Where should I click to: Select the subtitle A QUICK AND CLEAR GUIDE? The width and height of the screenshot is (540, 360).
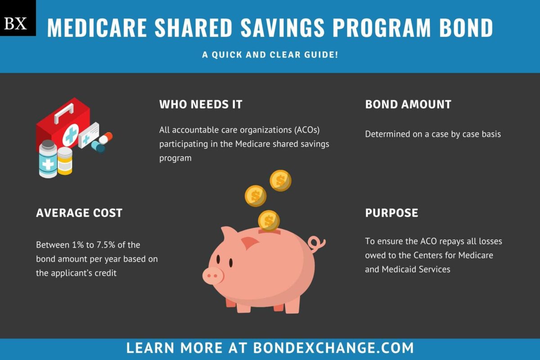click(270, 55)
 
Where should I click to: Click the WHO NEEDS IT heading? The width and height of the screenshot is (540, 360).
click(201, 104)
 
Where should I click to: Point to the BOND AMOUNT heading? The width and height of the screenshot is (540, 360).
click(408, 104)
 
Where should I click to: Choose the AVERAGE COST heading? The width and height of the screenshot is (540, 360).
click(79, 213)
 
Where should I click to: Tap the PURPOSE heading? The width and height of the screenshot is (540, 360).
click(391, 213)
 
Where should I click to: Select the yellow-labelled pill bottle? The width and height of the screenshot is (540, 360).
click(65, 161)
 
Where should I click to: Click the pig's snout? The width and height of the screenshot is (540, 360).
click(212, 275)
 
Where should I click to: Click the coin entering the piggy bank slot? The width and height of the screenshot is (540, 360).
click(269, 220)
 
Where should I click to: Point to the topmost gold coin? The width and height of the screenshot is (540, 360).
click(280, 180)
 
